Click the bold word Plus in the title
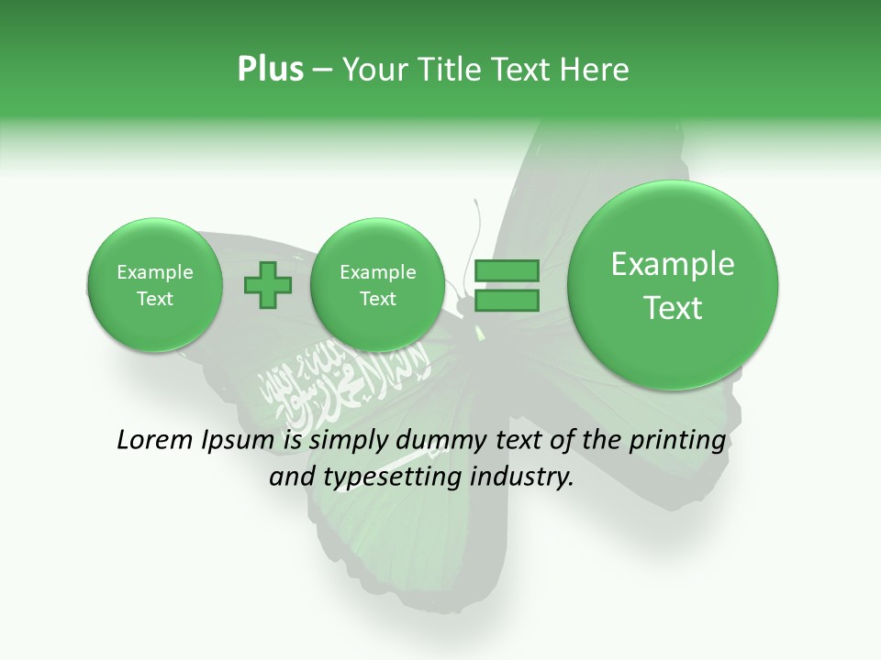point(270,70)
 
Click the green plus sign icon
point(268,285)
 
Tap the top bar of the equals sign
point(507,271)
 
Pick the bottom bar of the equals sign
point(507,302)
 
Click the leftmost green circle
point(155,285)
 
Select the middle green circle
point(377,285)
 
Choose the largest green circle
point(673,285)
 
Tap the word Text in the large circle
point(673,308)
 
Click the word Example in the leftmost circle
point(155,272)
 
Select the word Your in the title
point(367,70)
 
